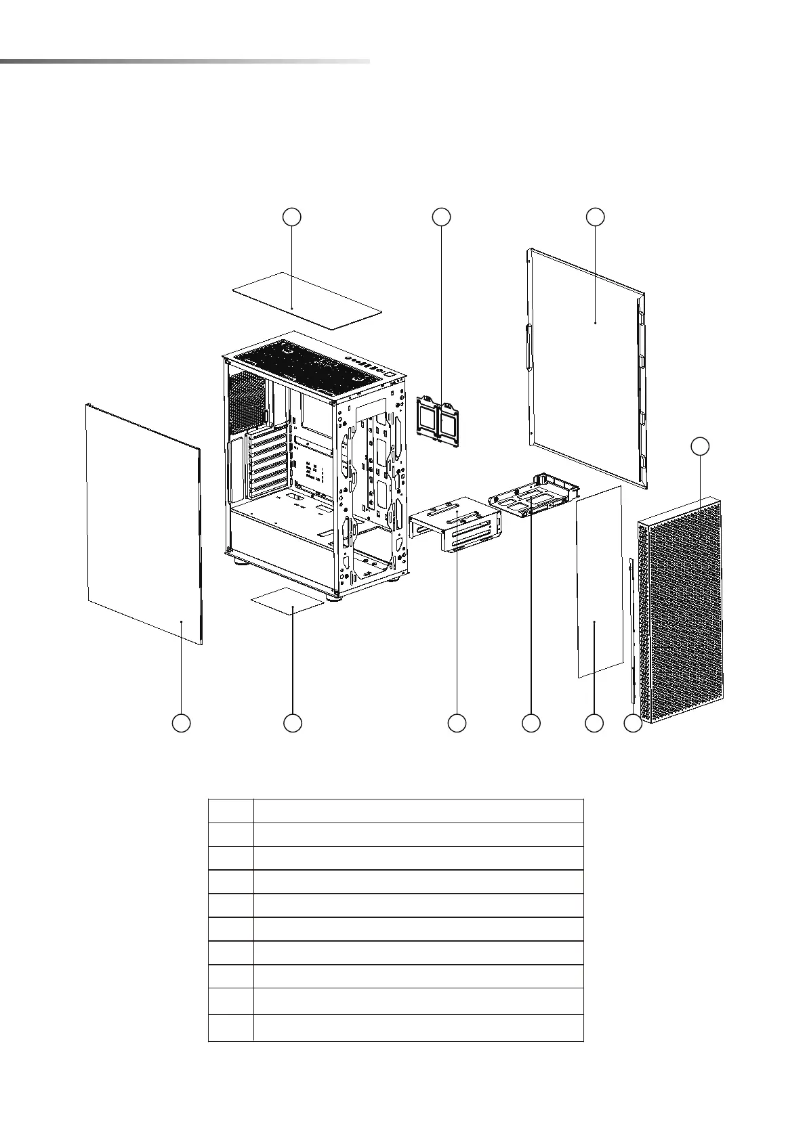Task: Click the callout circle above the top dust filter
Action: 291,217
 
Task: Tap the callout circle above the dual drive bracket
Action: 441,217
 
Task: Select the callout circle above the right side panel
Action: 595,217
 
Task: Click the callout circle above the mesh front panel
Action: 701,446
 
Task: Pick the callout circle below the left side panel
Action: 181,723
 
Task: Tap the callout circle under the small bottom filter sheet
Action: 292,723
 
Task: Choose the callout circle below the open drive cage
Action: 457,723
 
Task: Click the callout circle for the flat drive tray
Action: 531,723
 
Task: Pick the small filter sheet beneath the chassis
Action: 287,600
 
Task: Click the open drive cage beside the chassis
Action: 455,525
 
